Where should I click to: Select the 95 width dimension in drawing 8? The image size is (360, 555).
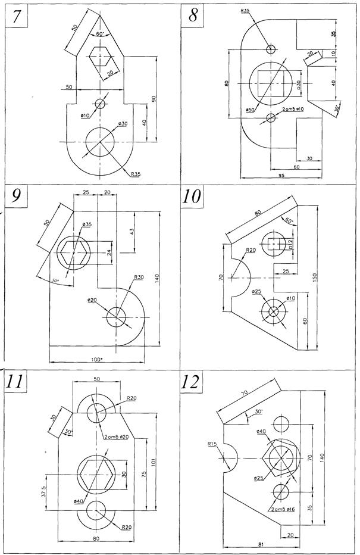(x=281, y=176)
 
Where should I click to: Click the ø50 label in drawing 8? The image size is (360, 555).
(x=250, y=110)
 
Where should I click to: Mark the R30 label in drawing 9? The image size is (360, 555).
(x=139, y=277)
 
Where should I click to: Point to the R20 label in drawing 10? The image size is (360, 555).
(x=251, y=250)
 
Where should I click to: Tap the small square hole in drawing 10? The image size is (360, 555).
(x=274, y=243)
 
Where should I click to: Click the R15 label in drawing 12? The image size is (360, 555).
(x=212, y=444)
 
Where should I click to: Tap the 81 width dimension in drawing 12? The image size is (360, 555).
(x=262, y=544)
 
